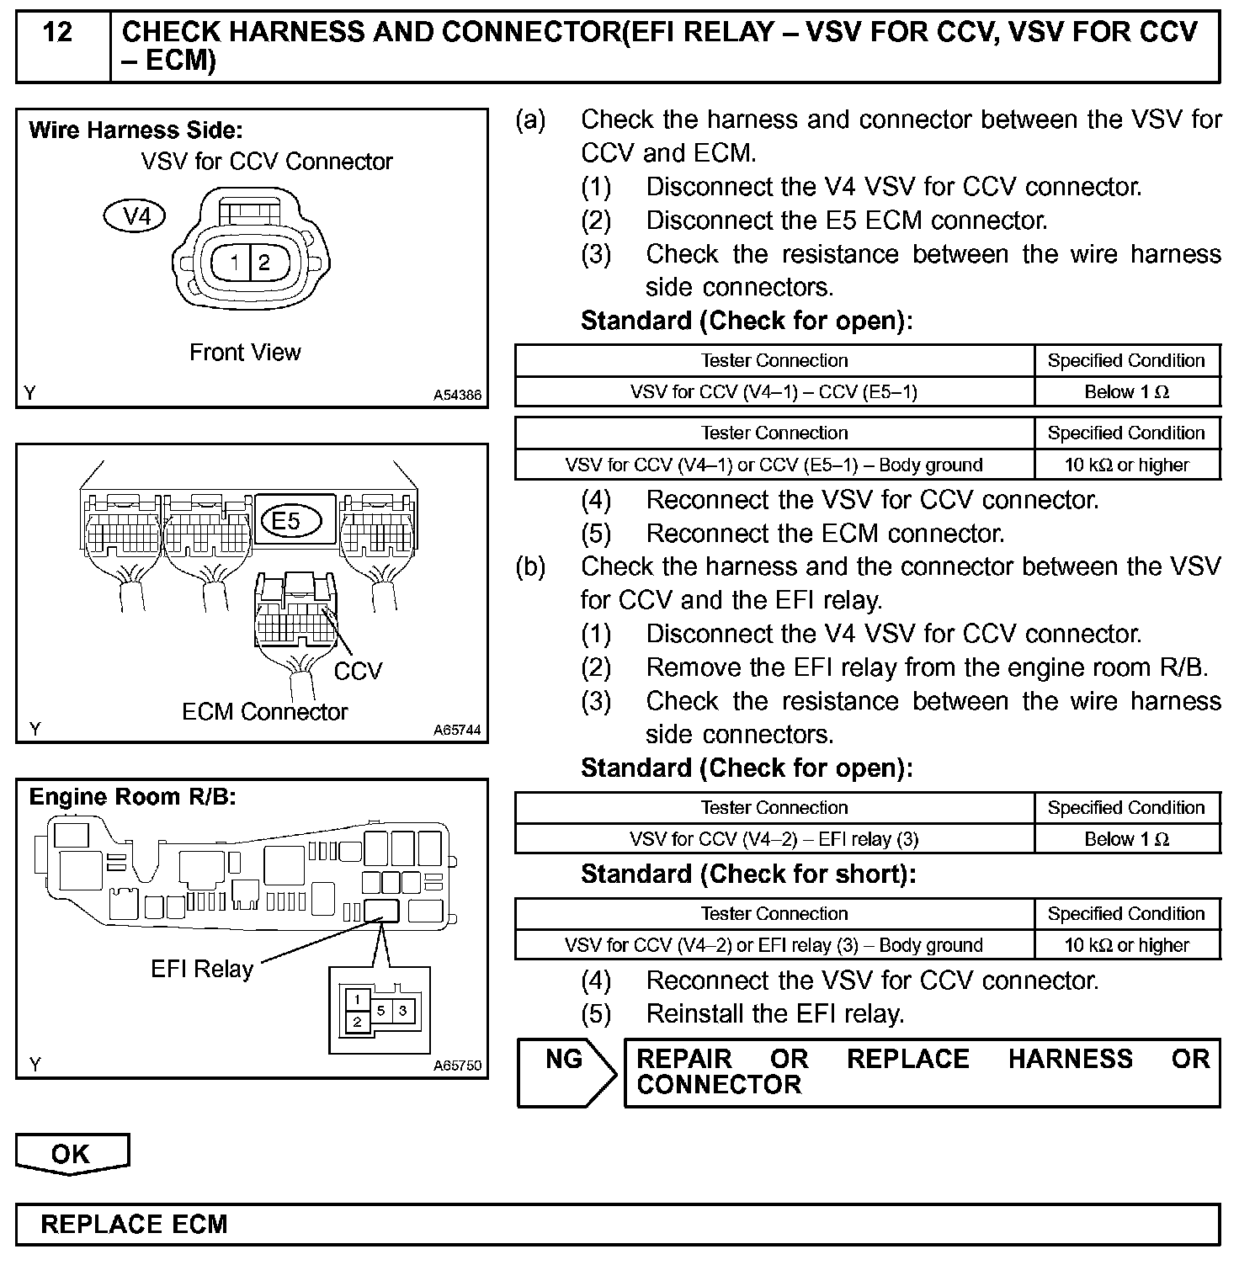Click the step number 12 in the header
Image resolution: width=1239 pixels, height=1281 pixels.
(57, 33)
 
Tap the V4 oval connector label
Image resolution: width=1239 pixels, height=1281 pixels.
(135, 216)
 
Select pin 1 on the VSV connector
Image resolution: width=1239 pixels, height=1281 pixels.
(234, 262)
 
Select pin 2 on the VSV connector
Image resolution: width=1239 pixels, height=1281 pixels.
(263, 262)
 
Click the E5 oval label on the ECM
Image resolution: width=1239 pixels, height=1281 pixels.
(288, 520)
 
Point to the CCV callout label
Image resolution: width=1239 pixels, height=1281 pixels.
(358, 671)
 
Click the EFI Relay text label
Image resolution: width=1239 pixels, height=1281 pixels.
(202, 969)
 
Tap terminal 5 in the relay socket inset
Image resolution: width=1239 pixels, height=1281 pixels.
(381, 1010)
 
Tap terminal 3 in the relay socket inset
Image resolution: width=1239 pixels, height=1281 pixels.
(402, 1010)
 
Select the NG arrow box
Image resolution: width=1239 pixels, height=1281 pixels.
(566, 1071)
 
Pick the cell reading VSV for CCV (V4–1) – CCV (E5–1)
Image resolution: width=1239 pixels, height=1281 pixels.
(774, 391)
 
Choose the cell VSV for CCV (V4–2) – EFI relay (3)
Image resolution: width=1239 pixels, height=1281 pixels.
(774, 839)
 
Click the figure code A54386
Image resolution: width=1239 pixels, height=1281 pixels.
(458, 394)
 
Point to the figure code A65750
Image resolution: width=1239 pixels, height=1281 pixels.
(458, 1065)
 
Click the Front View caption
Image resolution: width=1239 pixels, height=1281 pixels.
(245, 352)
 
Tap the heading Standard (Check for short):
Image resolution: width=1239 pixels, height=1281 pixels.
(748, 874)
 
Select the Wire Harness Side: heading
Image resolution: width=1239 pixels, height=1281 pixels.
(136, 130)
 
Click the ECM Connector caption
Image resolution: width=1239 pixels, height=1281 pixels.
(264, 712)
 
